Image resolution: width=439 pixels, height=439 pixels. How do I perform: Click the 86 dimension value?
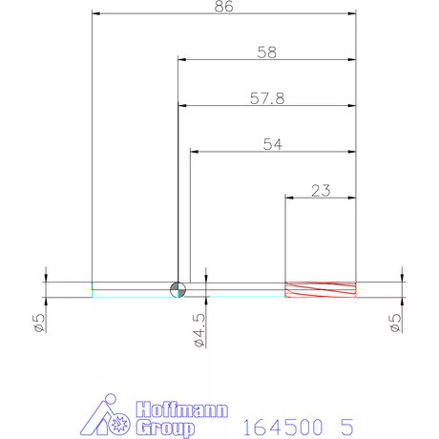pos(224,6)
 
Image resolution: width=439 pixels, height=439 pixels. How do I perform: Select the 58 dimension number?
pos(266,53)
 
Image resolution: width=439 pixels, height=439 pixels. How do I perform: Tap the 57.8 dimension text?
pos(266,98)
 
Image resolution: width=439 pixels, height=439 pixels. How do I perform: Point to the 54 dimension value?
pos(273,144)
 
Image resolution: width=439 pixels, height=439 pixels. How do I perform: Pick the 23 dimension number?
pos(321,190)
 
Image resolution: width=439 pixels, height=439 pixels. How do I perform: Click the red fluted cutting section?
pos(322,289)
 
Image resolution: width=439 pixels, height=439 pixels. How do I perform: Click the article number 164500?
pos(276,424)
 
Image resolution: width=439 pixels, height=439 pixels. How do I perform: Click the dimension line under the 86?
pos(224,14)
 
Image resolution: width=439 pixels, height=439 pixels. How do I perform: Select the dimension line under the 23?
pos(322,198)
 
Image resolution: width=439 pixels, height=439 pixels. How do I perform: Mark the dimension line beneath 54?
pos(273,152)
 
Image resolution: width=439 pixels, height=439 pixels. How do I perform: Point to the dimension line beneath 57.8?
pos(267,106)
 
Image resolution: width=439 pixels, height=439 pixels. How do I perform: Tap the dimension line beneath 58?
pos(267,60)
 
